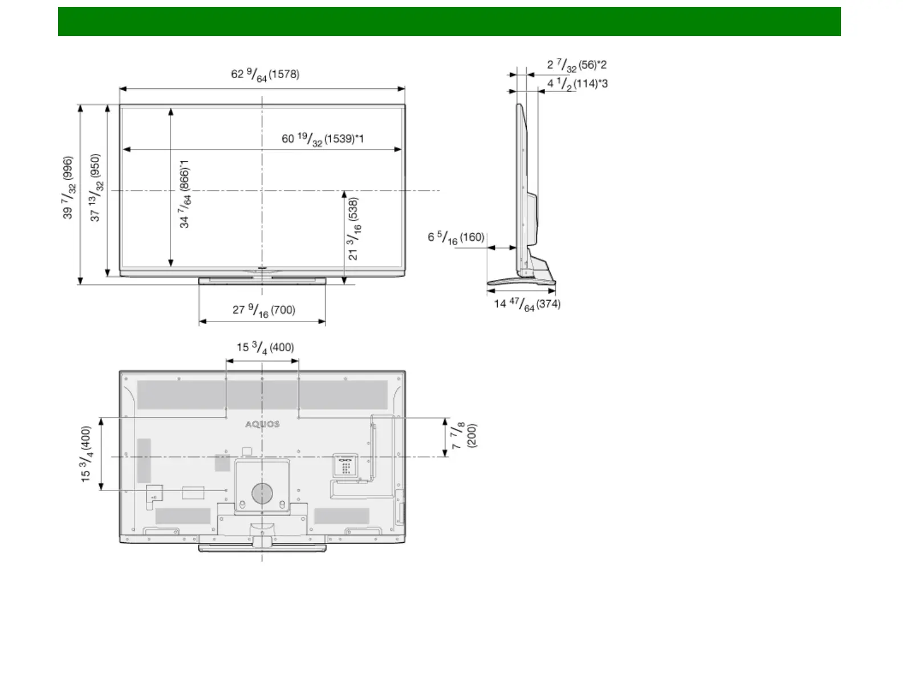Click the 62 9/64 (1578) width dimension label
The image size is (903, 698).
(265, 75)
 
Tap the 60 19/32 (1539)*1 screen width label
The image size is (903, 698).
(323, 139)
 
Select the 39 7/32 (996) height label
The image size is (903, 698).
(68, 188)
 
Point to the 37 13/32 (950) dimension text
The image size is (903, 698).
(96, 188)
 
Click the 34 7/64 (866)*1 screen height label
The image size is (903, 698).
(185, 194)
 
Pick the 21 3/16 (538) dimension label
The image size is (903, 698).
(354, 229)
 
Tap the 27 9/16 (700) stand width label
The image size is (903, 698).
(264, 311)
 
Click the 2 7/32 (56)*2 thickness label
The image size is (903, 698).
(577, 65)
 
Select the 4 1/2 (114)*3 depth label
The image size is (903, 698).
(577, 84)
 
